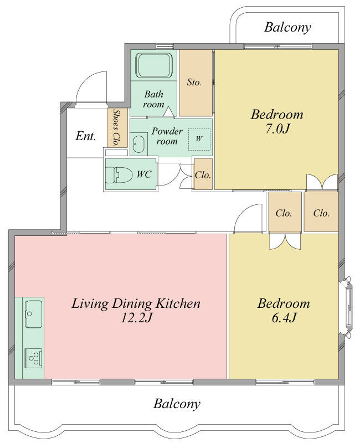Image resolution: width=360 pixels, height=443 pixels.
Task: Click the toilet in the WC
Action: coord(119,175)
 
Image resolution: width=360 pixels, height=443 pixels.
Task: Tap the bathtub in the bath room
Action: coord(154,65)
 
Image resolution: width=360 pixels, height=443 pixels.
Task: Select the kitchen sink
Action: coord(34,313)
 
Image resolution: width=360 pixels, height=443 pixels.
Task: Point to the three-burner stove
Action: coord(34,358)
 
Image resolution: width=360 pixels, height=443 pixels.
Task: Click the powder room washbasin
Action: coord(139,144)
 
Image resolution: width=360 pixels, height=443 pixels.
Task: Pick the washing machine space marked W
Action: coord(199,139)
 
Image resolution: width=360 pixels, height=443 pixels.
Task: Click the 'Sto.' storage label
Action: coord(194,82)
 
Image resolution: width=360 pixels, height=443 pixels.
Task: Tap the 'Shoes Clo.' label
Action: coord(116,127)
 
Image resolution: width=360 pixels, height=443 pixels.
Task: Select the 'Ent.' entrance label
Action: coord(86,136)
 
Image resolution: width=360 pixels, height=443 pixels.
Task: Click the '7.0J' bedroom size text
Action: coord(277,129)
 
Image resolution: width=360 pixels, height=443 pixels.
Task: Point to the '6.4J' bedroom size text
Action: coord(284,318)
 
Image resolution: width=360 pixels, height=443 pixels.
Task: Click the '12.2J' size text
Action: coord(136,318)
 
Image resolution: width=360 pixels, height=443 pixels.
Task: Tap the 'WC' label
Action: coord(144,174)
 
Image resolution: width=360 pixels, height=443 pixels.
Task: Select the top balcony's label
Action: coord(287,27)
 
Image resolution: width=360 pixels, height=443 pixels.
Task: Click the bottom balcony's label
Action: coord(177,404)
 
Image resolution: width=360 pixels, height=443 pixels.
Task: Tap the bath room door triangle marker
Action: coord(169,112)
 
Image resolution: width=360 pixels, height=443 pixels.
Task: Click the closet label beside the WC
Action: coord(203,175)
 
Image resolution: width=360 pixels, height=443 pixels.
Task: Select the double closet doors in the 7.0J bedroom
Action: coord(322,182)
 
